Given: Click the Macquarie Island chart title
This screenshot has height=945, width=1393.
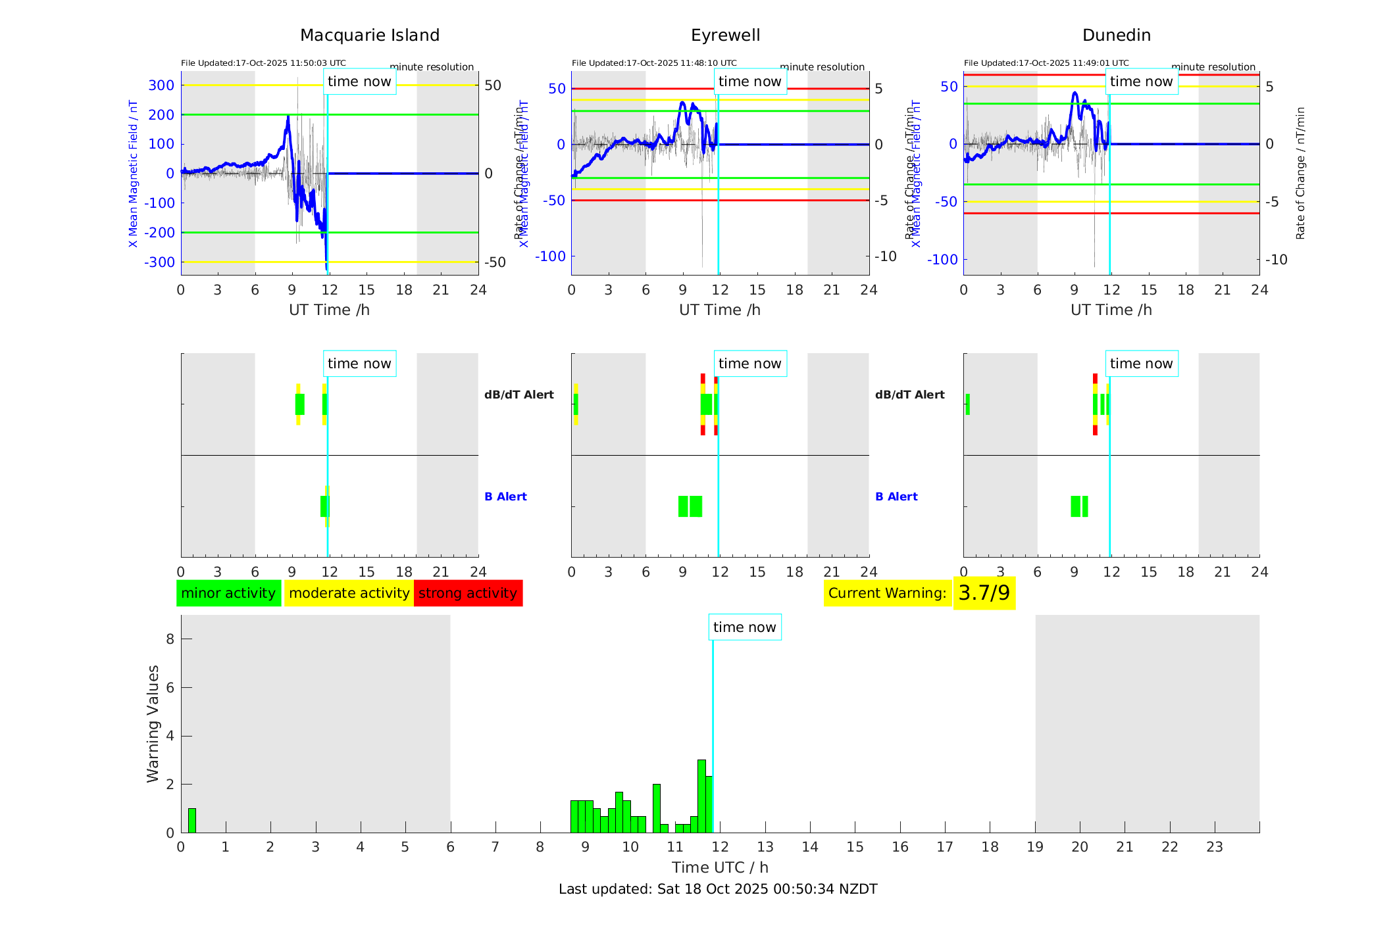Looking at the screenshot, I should pyautogui.click(x=369, y=36).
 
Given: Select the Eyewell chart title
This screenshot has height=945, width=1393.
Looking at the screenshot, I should pyautogui.click(x=725, y=36).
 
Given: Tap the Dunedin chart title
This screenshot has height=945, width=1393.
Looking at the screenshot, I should pyautogui.click(x=1116, y=36).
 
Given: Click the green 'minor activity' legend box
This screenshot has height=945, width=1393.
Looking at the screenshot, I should pyautogui.click(x=228, y=593).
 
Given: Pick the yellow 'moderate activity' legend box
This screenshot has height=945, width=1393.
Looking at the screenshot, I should pyautogui.click(x=349, y=593).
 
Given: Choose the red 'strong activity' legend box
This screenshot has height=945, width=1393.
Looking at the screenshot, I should pyautogui.click(x=468, y=593).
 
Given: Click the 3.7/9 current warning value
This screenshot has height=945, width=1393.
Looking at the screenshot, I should pyautogui.click(x=984, y=593).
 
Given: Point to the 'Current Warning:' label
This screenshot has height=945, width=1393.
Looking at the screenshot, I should pyautogui.click(x=887, y=593).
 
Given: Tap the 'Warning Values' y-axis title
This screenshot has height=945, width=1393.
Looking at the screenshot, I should pyautogui.click(x=153, y=723).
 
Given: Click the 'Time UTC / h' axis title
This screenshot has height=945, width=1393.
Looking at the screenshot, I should pyautogui.click(x=720, y=867).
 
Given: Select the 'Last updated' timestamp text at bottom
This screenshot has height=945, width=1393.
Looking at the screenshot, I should pyautogui.click(x=718, y=889).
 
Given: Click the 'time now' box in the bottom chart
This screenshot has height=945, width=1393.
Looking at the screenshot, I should pyautogui.click(x=744, y=627).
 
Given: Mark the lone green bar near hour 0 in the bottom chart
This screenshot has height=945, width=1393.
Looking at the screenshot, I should pyautogui.click(x=192, y=821).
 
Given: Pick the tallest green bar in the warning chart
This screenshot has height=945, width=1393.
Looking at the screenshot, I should pyautogui.click(x=701, y=796).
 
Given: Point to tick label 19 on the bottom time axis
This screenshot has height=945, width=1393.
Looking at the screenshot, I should pyautogui.click(x=1034, y=847).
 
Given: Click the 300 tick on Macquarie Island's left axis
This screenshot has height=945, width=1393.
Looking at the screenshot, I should pyautogui.click(x=161, y=85).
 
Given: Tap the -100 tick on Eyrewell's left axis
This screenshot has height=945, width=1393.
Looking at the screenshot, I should pyautogui.click(x=550, y=256).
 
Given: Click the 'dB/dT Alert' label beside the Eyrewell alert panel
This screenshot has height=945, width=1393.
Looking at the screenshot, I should pyautogui.click(x=909, y=395).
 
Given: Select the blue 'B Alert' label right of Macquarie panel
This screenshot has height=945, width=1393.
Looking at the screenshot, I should pyautogui.click(x=505, y=497).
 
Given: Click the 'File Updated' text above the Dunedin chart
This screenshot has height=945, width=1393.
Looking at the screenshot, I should pyautogui.click(x=1046, y=63).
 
